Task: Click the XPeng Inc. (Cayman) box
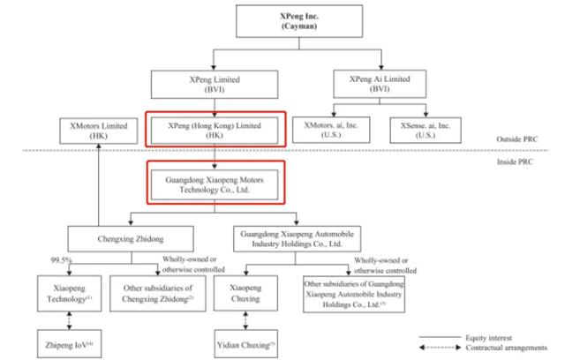click(x=299, y=21)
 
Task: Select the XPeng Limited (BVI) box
click(x=215, y=85)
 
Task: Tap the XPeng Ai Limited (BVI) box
click(x=380, y=84)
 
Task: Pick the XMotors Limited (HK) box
click(x=98, y=131)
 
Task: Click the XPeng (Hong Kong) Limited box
click(x=215, y=131)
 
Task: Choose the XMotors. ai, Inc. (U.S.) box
click(x=331, y=130)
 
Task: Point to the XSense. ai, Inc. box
click(x=426, y=131)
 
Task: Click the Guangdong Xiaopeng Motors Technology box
click(x=215, y=184)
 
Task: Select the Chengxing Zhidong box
click(x=131, y=239)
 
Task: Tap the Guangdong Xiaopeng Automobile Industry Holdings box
click(x=297, y=239)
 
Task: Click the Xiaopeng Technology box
click(x=69, y=294)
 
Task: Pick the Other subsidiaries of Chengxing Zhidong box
click(x=158, y=294)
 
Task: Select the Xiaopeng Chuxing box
click(x=245, y=293)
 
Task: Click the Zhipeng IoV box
click(x=69, y=344)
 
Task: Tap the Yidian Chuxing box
click(x=245, y=344)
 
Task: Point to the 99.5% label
click(x=61, y=260)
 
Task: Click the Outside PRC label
click(x=516, y=139)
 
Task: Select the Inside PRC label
click(x=515, y=162)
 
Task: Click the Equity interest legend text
click(x=488, y=338)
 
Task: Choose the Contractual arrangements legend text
click(x=506, y=348)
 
